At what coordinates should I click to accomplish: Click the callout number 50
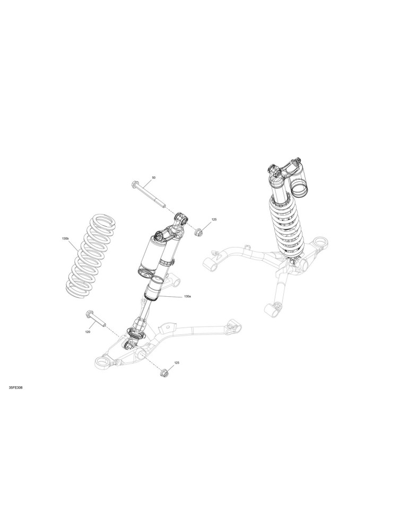[154, 178]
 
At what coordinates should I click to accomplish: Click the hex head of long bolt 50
[134, 184]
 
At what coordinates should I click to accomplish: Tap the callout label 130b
[65, 238]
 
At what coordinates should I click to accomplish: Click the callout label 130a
[188, 296]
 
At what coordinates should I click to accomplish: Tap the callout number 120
[88, 332]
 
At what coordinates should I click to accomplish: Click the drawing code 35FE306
[15, 387]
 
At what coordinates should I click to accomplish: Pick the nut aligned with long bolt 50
[198, 232]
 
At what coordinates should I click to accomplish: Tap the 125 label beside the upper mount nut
[214, 219]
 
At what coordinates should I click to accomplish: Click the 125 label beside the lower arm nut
[177, 363]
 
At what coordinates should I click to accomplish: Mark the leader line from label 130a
[171, 296]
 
